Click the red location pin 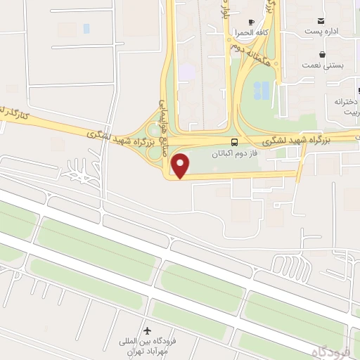[181, 166]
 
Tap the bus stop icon [234, 141]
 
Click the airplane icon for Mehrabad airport [147, 330]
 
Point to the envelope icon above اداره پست [321, 20]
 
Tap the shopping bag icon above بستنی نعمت [322, 53]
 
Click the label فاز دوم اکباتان [236, 153]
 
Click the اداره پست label [323, 31]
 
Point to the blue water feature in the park [261, 89]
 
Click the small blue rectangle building [86, 29]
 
